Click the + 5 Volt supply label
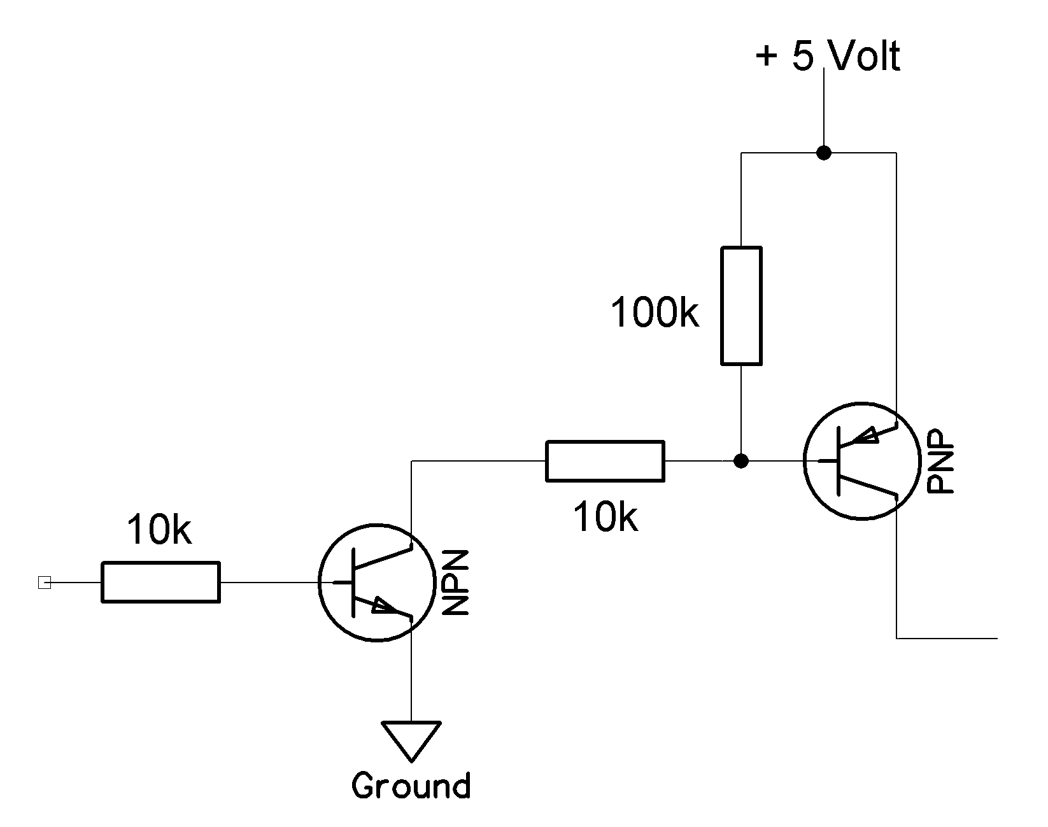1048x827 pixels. (x=828, y=56)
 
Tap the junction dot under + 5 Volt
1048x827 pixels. (x=824, y=153)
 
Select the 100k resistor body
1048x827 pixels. (x=741, y=306)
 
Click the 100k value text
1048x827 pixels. (x=655, y=313)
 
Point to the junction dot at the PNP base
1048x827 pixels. (x=740, y=460)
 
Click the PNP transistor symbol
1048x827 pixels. (x=862, y=460)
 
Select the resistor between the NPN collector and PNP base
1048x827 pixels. (x=605, y=460)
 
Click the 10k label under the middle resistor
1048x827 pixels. (x=605, y=516)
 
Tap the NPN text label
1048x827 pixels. (x=456, y=583)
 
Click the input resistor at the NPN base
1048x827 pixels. (x=160, y=582)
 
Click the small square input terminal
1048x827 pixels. (x=44, y=583)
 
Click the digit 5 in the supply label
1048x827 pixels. (x=804, y=56)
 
